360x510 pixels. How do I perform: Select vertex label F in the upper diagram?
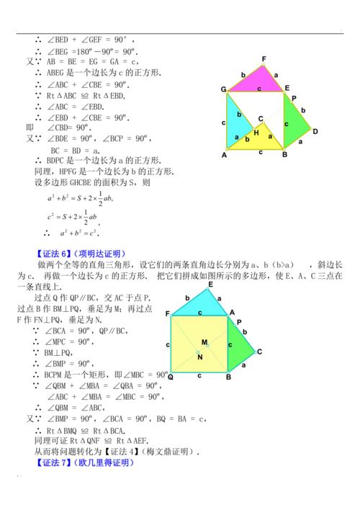(x=264, y=58)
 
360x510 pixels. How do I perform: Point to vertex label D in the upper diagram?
(x=315, y=131)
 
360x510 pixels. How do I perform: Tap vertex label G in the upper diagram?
(x=224, y=89)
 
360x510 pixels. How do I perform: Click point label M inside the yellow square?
(x=204, y=341)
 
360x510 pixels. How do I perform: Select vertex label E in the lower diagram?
(x=211, y=285)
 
